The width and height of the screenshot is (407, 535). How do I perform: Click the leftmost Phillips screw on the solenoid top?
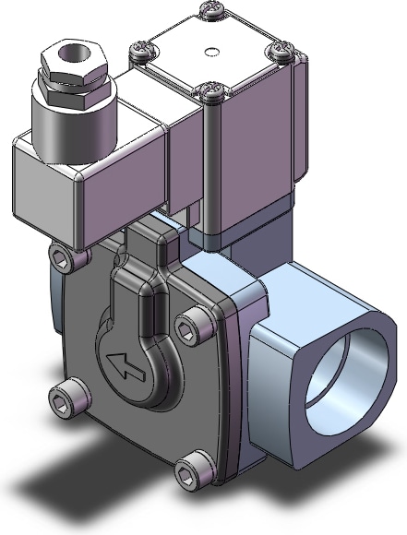(141, 49)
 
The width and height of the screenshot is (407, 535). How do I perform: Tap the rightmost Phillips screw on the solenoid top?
(278, 51)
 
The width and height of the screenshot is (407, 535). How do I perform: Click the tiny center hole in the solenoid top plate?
(211, 50)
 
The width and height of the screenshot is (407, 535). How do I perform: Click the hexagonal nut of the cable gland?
(72, 69)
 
